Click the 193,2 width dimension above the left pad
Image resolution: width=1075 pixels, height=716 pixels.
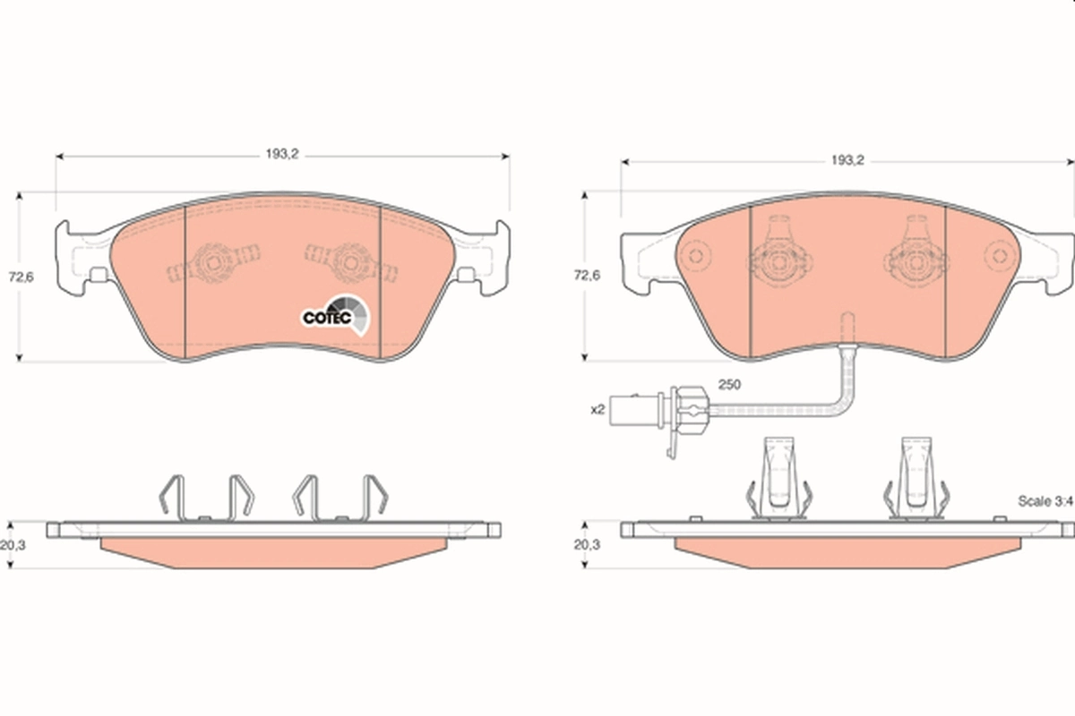280,154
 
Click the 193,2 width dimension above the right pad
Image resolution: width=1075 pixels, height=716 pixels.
845,161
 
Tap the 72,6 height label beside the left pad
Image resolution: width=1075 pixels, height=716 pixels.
21,277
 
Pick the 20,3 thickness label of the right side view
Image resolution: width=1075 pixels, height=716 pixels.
586,543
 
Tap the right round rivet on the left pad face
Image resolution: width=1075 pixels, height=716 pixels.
348,263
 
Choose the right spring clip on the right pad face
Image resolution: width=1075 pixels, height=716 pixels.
916,256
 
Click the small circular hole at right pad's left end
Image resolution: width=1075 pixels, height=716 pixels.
698,256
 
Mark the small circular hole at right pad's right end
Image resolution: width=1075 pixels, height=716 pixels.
997,256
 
